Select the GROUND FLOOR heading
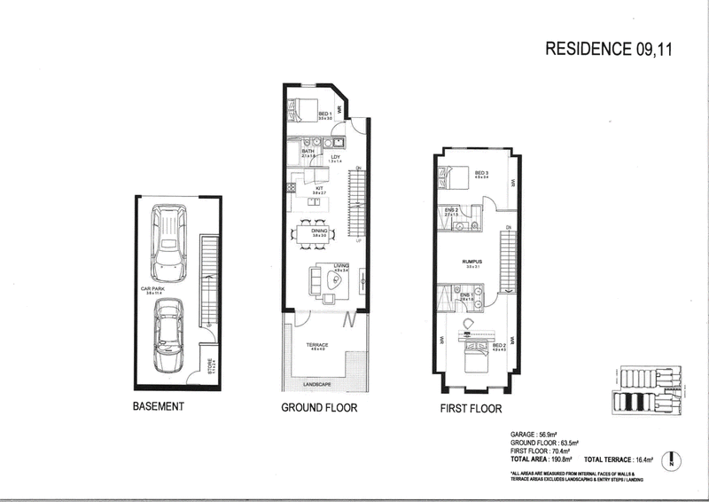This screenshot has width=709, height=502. tap(319, 409)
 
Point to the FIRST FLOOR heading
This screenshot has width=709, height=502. tap(471, 409)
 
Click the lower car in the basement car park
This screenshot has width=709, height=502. tap(168, 335)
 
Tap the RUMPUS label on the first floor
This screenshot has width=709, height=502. tap(470, 262)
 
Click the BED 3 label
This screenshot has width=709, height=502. tap(481, 173)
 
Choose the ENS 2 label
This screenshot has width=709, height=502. tap(450, 209)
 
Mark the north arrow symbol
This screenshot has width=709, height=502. tap(674, 461)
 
